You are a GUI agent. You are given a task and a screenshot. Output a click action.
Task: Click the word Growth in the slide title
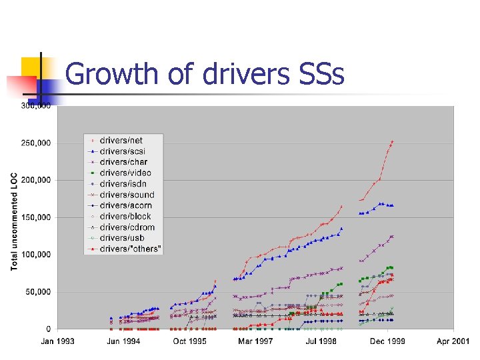[113, 74]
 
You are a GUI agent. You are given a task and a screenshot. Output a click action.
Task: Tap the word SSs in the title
[317, 74]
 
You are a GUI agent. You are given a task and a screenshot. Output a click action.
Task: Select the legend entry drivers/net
[121, 140]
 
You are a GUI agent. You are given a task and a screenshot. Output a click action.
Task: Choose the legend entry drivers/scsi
[122, 151]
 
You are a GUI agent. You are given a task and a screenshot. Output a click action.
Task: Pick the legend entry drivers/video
[124, 173]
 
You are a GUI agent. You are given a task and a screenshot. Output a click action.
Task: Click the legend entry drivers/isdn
[122, 183]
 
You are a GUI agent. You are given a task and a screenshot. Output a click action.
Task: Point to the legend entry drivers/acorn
[125, 205]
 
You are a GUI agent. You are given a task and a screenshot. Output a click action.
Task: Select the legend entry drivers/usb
[121, 238]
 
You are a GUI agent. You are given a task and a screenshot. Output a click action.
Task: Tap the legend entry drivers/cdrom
[127, 227]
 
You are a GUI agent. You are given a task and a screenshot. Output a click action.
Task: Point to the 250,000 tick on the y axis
[37, 143]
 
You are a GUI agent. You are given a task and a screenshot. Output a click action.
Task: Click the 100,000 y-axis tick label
[37, 255]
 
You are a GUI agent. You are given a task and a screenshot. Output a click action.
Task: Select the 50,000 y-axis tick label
[39, 292]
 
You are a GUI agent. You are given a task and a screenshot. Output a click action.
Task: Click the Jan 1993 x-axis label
[57, 341]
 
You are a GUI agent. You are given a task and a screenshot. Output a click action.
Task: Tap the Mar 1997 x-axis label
[255, 341]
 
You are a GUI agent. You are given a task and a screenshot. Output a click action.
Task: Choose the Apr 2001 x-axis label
[451, 341]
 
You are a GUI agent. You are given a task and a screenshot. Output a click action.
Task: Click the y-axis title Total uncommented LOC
[15, 221]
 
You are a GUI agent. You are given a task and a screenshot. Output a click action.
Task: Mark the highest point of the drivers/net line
[392, 141]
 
